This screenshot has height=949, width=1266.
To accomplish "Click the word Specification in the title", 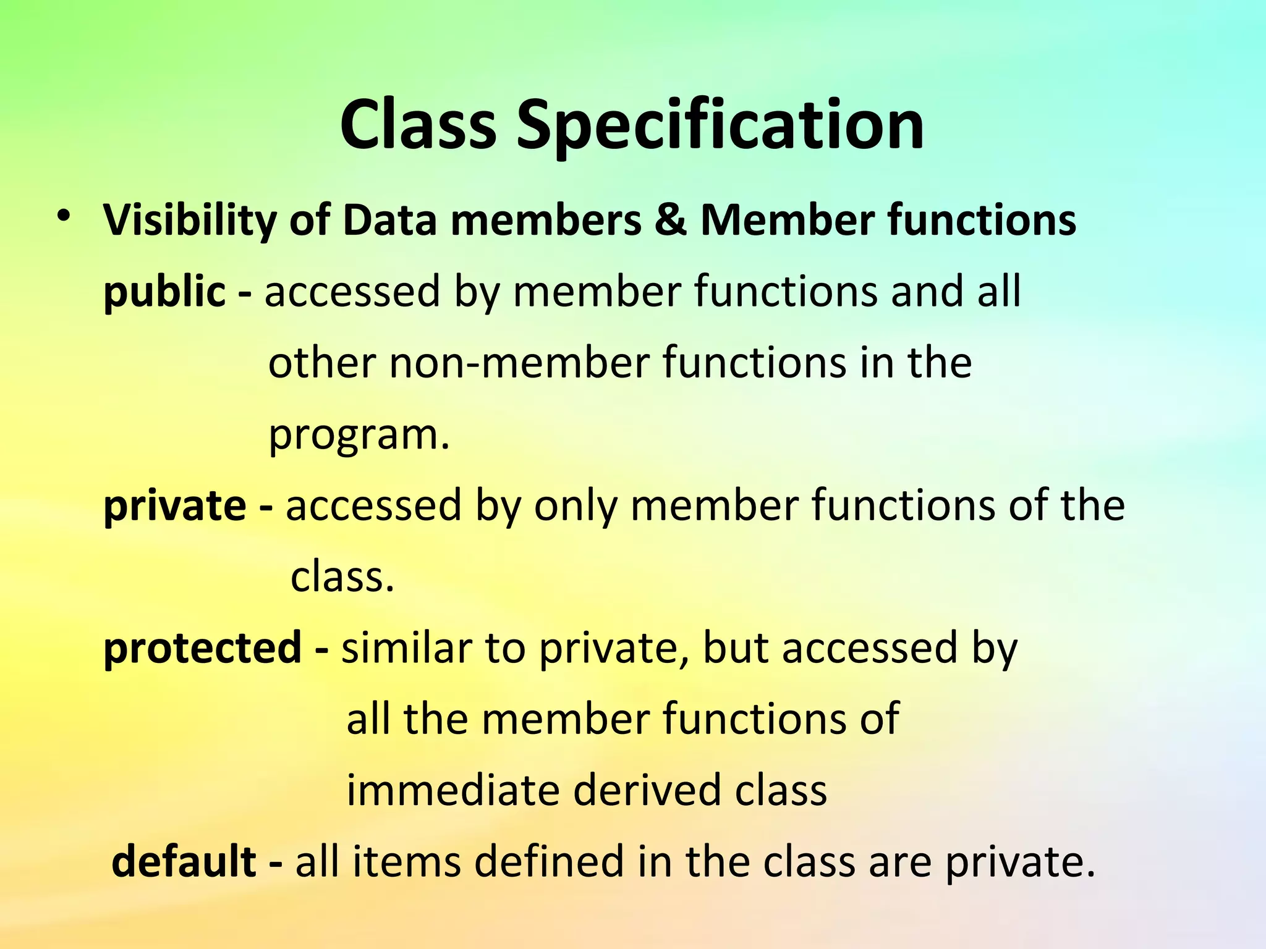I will point(720,127).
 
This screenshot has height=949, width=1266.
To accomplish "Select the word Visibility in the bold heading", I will point(190,221).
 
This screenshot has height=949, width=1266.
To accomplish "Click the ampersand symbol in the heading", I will point(671,221).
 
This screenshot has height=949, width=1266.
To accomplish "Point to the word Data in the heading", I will point(390,221).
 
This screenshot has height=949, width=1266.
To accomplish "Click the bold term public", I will point(164,292).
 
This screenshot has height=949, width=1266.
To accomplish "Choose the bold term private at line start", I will point(175,506).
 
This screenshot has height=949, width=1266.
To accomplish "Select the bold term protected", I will point(202,648).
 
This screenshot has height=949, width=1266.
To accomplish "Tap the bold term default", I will point(184,861).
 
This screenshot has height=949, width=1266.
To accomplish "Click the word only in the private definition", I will point(576,506).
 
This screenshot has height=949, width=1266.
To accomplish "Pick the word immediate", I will point(453,790).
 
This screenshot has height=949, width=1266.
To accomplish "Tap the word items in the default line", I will point(406,861).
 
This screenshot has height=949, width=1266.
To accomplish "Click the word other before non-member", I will point(322,363).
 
